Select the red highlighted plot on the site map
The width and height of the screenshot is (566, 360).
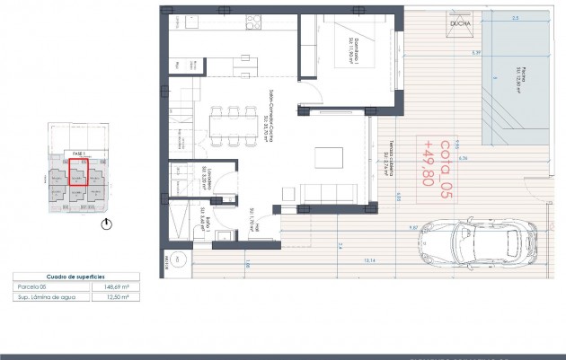click(77, 178)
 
